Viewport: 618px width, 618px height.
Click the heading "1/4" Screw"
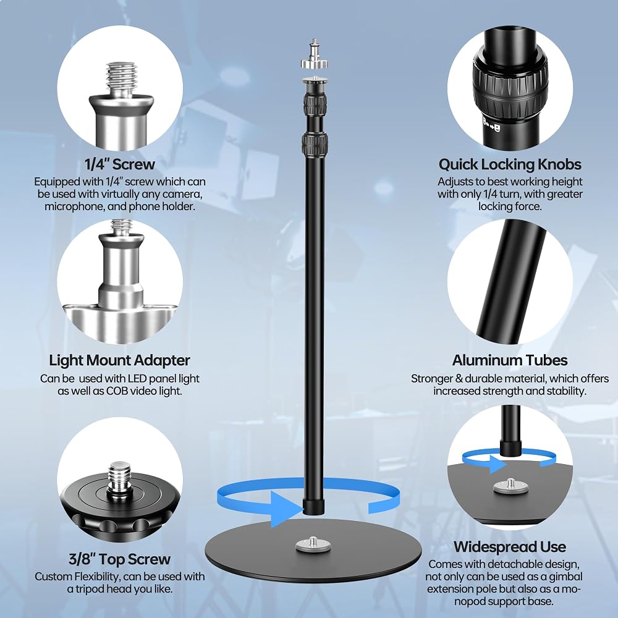coord(120,164)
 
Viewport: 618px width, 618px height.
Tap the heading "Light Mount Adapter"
coord(119,360)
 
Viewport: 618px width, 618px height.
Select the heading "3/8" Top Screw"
coord(119,559)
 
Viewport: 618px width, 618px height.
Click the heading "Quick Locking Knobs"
coord(510,164)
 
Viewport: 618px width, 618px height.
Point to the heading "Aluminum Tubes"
coord(510,360)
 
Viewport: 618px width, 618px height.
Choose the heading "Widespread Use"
coord(510,547)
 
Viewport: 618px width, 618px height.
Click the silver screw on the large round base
coord(313,544)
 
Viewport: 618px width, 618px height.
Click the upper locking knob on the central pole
coord(315,103)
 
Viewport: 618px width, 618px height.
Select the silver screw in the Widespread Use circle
coord(510,486)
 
